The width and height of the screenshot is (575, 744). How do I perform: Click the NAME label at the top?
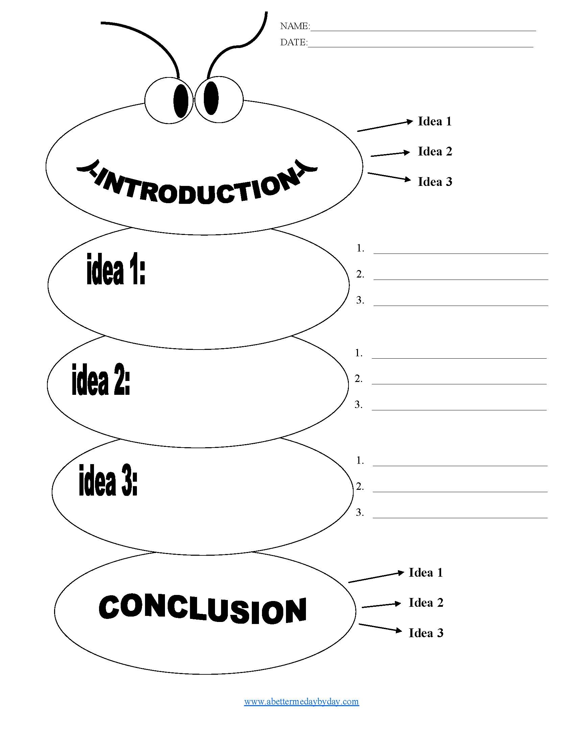click(295, 26)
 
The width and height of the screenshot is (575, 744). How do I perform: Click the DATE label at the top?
click(293, 42)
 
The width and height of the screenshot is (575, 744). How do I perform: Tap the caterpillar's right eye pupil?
click(211, 98)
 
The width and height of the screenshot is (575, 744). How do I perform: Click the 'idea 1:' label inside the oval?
click(116, 269)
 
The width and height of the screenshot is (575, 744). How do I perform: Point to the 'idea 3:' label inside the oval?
click(108, 480)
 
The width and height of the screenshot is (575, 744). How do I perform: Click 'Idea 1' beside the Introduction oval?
click(435, 121)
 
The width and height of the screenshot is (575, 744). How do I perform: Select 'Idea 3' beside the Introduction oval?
click(435, 182)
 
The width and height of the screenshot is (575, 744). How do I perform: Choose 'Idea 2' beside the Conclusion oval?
click(426, 603)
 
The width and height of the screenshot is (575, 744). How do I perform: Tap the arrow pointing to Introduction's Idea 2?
click(390, 154)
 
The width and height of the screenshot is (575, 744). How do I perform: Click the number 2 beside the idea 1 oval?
click(360, 274)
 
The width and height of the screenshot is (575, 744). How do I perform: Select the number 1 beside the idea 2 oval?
click(358, 353)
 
